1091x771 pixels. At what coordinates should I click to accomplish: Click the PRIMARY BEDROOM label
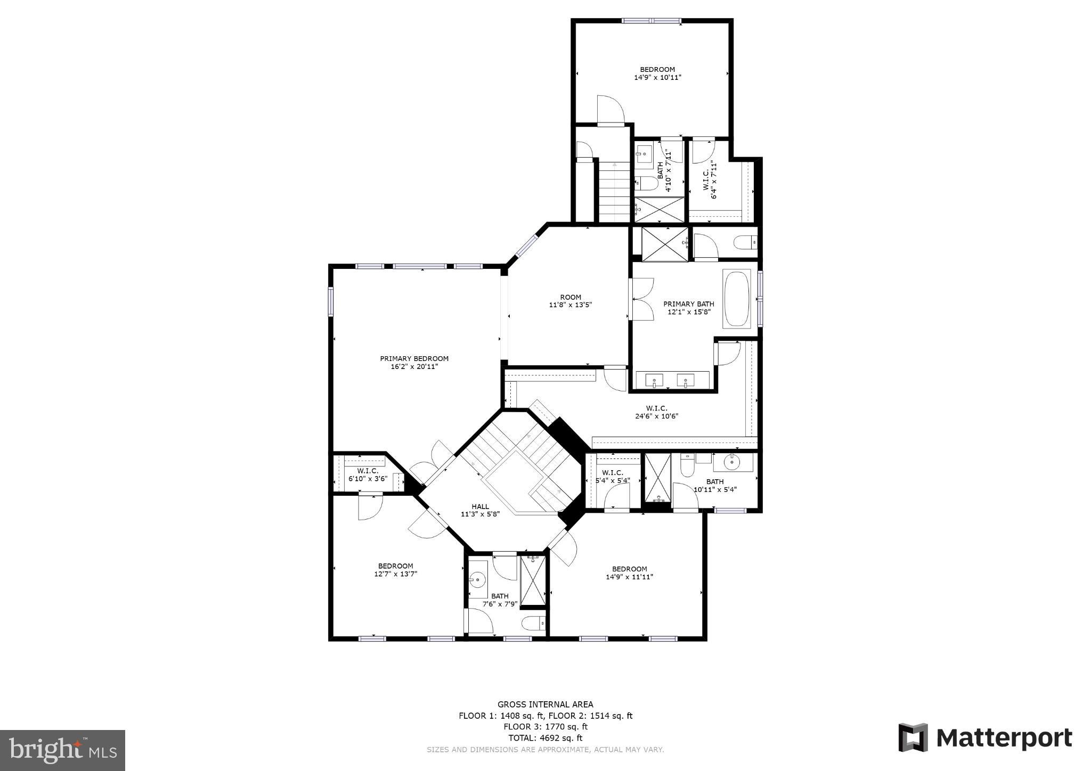pyautogui.click(x=414, y=362)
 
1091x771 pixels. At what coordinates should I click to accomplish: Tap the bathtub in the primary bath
pyautogui.click(x=736, y=299)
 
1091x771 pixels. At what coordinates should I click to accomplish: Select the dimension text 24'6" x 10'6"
pyautogui.click(x=656, y=416)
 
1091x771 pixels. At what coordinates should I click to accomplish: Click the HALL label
pyautogui.click(x=480, y=510)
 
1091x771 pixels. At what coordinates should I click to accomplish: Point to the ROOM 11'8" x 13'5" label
pyautogui.click(x=570, y=301)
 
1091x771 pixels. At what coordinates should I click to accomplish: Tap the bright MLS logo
pyautogui.click(x=62, y=750)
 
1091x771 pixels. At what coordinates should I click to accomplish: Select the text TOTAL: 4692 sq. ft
pyautogui.click(x=545, y=738)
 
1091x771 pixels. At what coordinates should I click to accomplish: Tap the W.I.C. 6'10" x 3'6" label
pyautogui.click(x=368, y=475)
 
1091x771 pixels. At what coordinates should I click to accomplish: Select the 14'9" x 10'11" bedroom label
pyautogui.click(x=657, y=73)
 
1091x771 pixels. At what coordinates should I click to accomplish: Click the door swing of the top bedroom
pyautogui.click(x=609, y=110)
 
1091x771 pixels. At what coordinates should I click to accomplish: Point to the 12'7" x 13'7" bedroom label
pyautogui.click(x=395, y=570)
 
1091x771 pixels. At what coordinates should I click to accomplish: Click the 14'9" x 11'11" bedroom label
pyautogui.click(x=629, y=572)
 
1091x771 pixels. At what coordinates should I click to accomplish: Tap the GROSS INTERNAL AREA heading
pyautogui.click(x=545, y=704)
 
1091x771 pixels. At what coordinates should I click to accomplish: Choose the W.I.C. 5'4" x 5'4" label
pyautogui.click(x=613, y=476)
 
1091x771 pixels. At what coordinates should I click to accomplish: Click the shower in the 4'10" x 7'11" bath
pyautogui.click(x=660, y=209)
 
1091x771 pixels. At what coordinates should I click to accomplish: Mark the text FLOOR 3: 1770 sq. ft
pyautogui.click(x=545, y=727)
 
